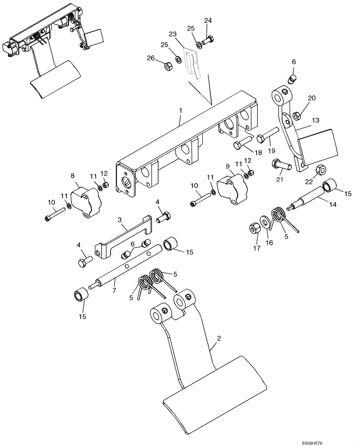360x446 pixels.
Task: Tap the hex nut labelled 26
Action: click(x=169, y=66)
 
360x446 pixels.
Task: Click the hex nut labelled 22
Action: click(x=319, y=170)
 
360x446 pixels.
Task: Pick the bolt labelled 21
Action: click(x=280, y=165)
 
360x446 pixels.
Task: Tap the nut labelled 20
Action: click(x=296, y=116)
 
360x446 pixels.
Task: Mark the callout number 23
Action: click(x=172, y=34)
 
